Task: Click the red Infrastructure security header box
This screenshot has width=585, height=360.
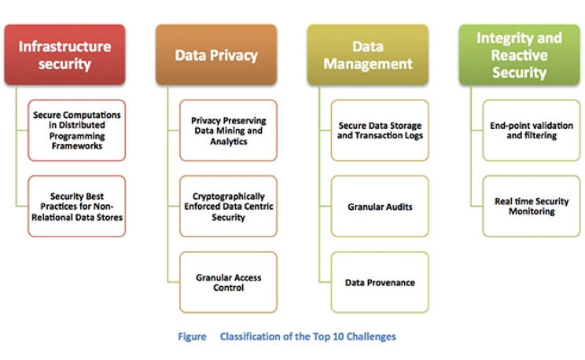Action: pyautogui.click(x=64, y=55)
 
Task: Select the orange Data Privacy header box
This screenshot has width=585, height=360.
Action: pyautogui.click(x=216, y=55)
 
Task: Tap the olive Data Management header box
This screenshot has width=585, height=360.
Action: pyautogui.click(x=367, y=55)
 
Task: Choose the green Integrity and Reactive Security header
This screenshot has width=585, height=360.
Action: pyautogui.click(x=519, y=55)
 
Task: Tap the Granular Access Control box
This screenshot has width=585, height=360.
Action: pyautogui.click(x=229, y=282)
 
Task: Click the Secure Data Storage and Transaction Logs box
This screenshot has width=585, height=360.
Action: pyautogui.click(x=380, y=130)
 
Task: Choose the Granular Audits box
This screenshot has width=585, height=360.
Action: pyautogui.click(x=380, y=206)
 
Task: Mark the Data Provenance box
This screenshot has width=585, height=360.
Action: pyautogui.click(x=380, y=282)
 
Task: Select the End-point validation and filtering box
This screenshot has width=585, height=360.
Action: pyautogui.click(x=532, y=130)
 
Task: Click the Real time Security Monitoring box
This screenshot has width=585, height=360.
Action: pyautogui.click(x=532, y=206)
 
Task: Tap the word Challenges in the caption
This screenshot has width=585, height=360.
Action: pyautogui.click(x=371, y=336)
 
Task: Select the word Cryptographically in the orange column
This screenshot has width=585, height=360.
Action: pyautogui.click(x=229, y=196)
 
